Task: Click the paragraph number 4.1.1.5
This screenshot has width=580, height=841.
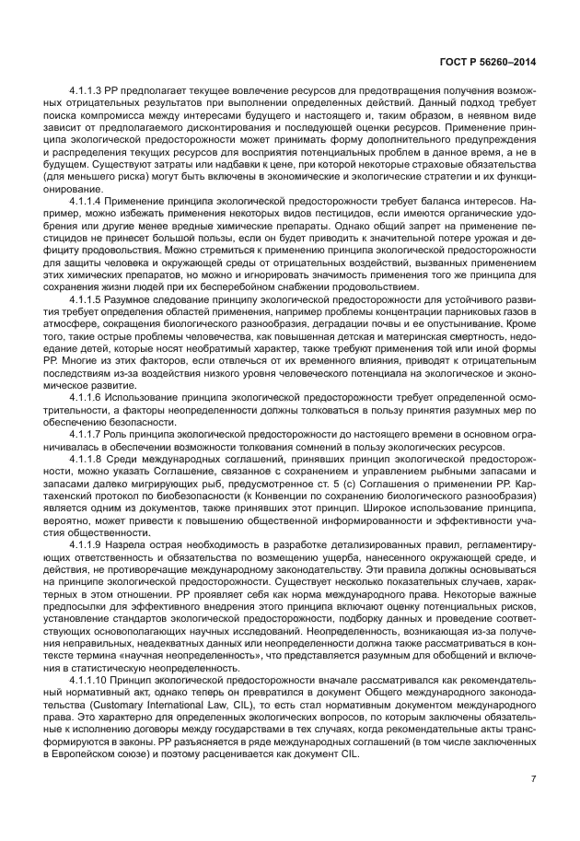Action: point(89,300)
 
